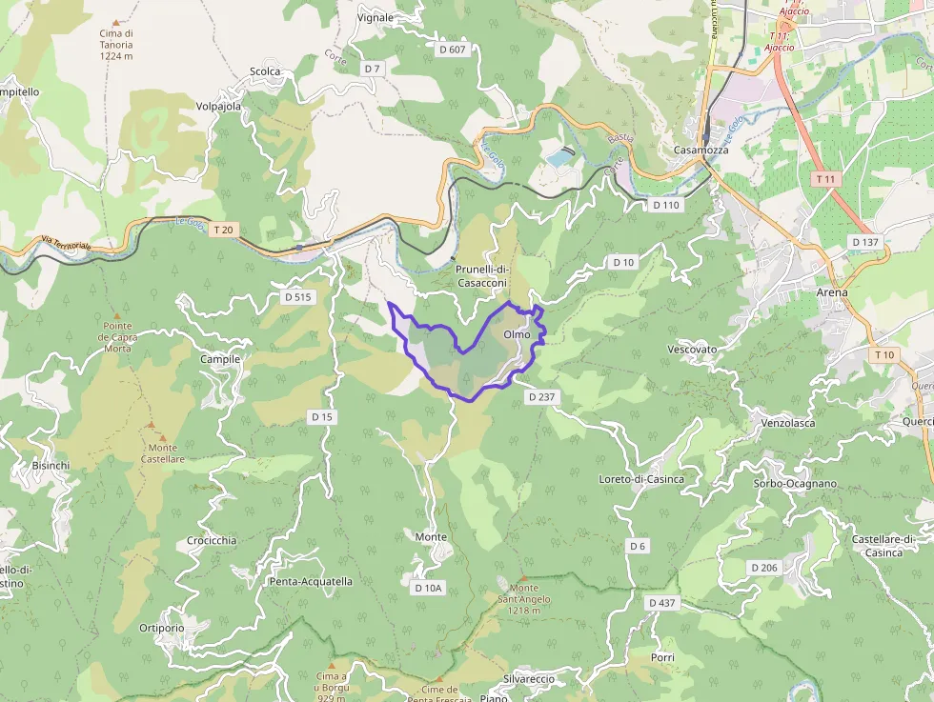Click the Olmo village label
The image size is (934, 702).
coord(517,334)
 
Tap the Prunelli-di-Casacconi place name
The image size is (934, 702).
coord(481,276)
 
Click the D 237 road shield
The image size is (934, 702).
coord(538,397)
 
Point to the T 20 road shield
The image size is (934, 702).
coord(223,230)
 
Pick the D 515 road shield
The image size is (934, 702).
coord(298,297)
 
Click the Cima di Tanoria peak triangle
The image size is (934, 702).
coord(116,22)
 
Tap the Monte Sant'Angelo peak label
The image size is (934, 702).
coord(524,598)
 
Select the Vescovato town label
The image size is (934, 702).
coord(692,350)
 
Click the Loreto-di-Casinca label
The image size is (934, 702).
coord(640,479)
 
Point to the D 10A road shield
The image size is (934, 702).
coord(429,589)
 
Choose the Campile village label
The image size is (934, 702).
coord(220,359)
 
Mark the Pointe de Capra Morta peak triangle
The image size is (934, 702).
coord(118,315)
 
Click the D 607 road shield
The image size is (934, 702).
coord(453,49)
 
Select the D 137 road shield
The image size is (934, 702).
coord(865,242)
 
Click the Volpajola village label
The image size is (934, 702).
coord(218,107)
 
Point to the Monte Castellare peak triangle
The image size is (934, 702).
coord(151,425)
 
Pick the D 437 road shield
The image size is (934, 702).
coord(661,603)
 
